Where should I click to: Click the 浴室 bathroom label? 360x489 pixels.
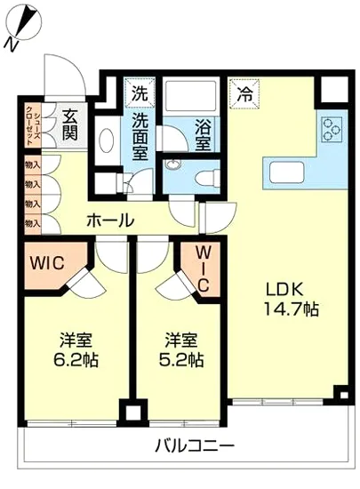click(x=204, y=133)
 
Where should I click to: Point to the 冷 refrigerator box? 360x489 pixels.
click(x=244, y=91)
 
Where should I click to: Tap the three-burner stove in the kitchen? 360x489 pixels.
click(x=333, y=129)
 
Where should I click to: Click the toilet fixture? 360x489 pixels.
click(x=207, y=173)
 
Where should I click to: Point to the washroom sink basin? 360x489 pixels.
click(x=107, y=142)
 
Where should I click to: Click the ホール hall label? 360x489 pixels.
click(x=110, y=220)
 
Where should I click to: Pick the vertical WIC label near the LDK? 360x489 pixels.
click(x=202, y=269)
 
